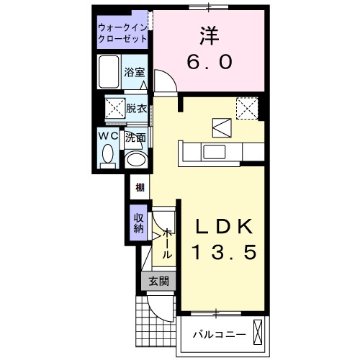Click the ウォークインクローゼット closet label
point(123,33)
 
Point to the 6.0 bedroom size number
point(210,63)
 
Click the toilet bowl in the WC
point(108,155)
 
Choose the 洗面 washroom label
point(135,137)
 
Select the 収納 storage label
point(138,222)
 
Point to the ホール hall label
point(166,243)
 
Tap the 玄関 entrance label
point(158,282)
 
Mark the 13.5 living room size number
point(223,253)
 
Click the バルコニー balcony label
point(221,335)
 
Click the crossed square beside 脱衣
point(114,109)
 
